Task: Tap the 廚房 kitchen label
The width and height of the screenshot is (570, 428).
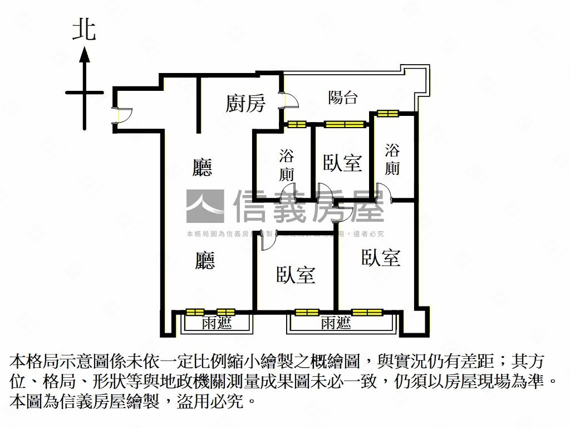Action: click(x=245, y=103)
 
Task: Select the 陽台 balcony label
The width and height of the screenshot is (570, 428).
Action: click(x=342, y=98)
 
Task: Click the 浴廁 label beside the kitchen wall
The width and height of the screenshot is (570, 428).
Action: click(x=287, y=165)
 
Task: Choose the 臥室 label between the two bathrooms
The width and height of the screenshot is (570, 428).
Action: click(x=342, y=163)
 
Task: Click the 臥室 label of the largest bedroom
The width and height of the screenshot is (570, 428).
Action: click(x=381, y=257)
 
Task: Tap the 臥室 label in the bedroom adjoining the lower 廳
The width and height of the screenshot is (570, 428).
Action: click(x=296, y=275)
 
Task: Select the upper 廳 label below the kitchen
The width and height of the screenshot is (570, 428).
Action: click(x=203, y=167)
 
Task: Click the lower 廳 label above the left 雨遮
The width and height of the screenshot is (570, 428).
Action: click(x=205, y=260)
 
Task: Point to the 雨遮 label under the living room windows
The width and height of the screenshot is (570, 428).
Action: click(x=217, y=324)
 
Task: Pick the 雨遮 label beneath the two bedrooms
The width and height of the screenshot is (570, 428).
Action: click(x=336, y=324)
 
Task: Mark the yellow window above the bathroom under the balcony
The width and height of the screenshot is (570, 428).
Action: click(x=387, y=114)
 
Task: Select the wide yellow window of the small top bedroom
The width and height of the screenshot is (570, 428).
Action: click(x=345, y=124)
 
